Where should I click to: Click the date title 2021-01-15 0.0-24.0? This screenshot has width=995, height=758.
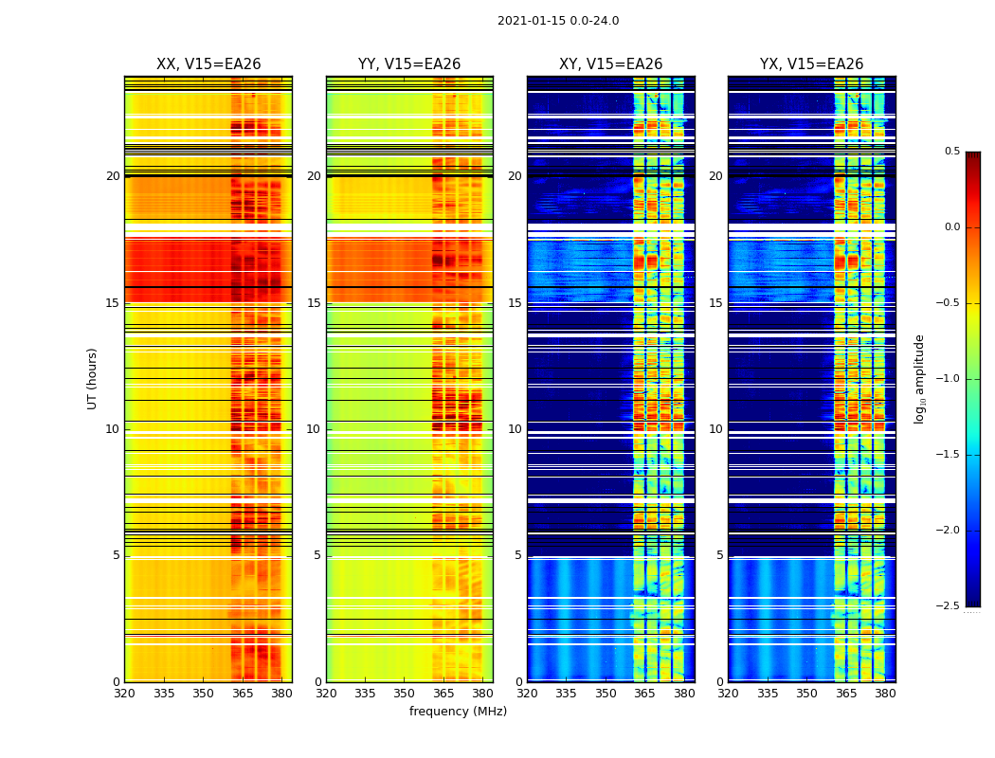tap(558, 21)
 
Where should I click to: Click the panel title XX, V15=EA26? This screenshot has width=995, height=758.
tap(208, 64)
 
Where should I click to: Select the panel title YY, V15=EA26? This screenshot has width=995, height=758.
tap(409, 64)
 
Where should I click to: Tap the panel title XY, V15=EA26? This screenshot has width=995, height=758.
tap(610, 64)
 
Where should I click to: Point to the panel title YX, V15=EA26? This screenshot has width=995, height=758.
tap(811, 64)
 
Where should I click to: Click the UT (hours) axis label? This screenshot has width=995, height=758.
tap(93, 378)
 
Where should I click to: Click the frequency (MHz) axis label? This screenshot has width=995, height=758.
tap(458, 712)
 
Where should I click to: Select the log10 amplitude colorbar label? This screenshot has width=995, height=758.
tap(919, 378)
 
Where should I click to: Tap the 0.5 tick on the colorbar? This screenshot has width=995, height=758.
tap(952, 152)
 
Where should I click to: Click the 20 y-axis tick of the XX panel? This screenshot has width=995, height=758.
tap(113, 176)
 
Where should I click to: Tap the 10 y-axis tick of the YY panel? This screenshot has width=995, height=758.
tap(314, 429)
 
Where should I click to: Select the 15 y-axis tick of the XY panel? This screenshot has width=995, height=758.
tap(515, 303)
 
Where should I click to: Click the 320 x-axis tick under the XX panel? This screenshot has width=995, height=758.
tap(124, 694)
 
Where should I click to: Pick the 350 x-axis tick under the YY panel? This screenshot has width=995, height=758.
tap(405, 694)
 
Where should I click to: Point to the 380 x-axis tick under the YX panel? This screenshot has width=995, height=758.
tap(885, 694)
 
